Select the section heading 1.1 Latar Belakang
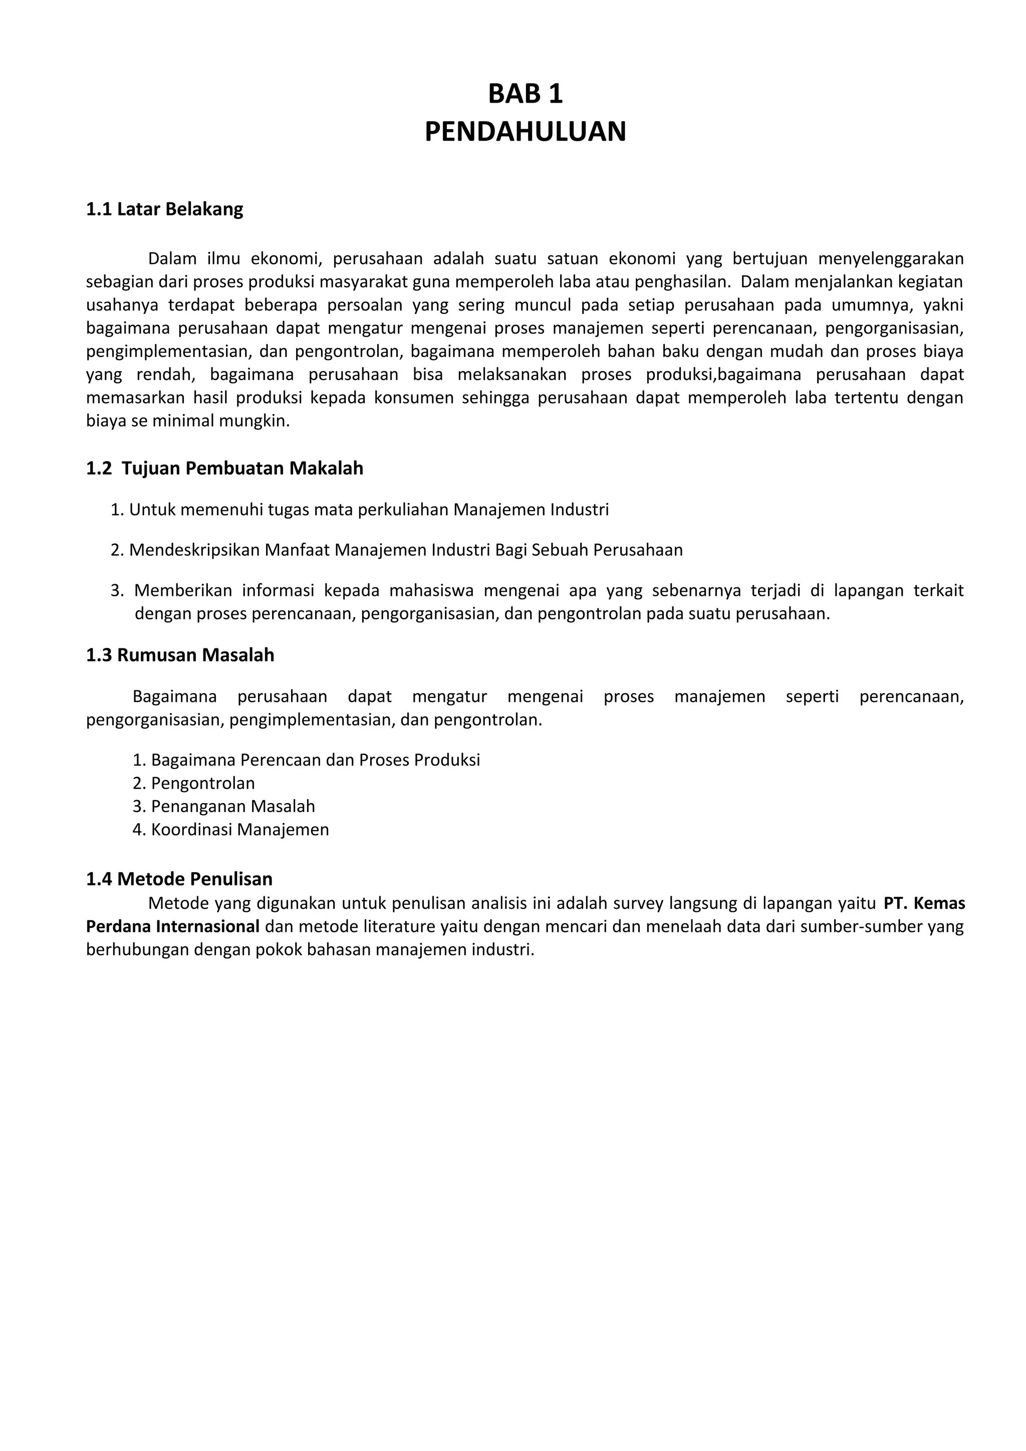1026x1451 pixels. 164,209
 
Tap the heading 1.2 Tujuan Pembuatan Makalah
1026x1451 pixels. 224,468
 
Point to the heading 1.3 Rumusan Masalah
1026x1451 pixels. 180,655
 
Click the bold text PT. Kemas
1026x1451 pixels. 924,903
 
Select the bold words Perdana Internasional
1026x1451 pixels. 172,926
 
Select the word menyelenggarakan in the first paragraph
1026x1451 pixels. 890,258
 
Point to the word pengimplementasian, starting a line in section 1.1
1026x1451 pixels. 167,351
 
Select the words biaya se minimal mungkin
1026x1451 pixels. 187,421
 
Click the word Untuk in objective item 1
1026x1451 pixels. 152,509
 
